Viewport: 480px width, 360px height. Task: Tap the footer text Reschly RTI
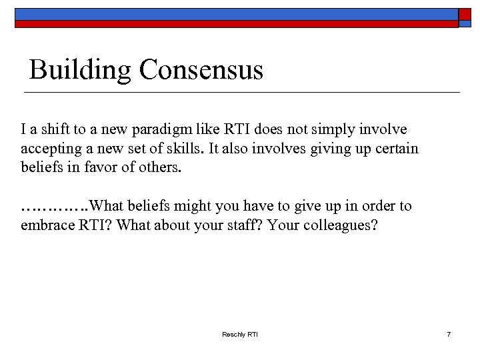[x=239, y=334]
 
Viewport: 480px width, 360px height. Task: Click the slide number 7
[x=449, y=334]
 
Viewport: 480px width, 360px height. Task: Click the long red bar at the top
[x=237, y=23]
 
